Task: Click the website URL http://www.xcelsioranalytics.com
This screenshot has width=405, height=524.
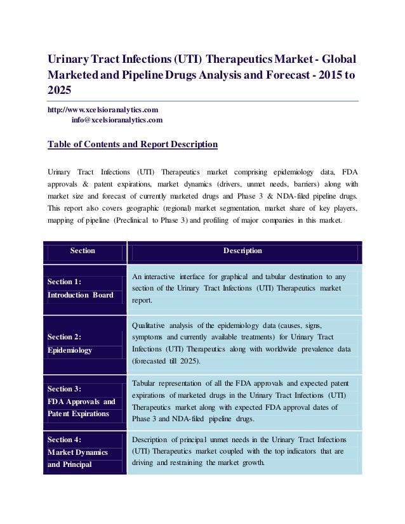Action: (x=103, y=110)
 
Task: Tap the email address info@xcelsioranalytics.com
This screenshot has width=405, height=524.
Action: (x=117, y=119)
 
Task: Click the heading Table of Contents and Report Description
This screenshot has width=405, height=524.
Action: (x=133, y=145)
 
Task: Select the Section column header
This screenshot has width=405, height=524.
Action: (x=83, y=251)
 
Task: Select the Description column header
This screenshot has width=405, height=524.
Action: (x=242, y=251)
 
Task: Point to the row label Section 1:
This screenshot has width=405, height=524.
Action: (x=65, y=282)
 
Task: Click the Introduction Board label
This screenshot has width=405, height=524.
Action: (x=81, y=294)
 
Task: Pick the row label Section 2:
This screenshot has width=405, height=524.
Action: (x=65, y=337)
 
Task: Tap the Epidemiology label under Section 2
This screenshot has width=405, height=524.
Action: (x=70, y=350)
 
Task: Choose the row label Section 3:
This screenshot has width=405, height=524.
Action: (x=65, y=389)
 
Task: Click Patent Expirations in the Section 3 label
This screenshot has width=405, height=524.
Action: (x=77, y=414)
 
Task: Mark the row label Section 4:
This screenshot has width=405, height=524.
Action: (x=65, y=439)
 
